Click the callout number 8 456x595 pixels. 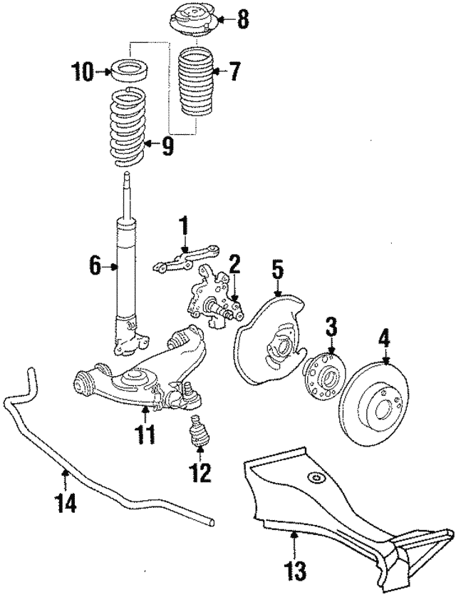pyautogui.click(x=244, y=20)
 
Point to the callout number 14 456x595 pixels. pyautogui.click(x=66, y=503)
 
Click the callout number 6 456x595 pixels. pyautogui.click(x=93, y=268)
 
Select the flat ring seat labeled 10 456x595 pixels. pyautogui.click(x=130, y=72)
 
